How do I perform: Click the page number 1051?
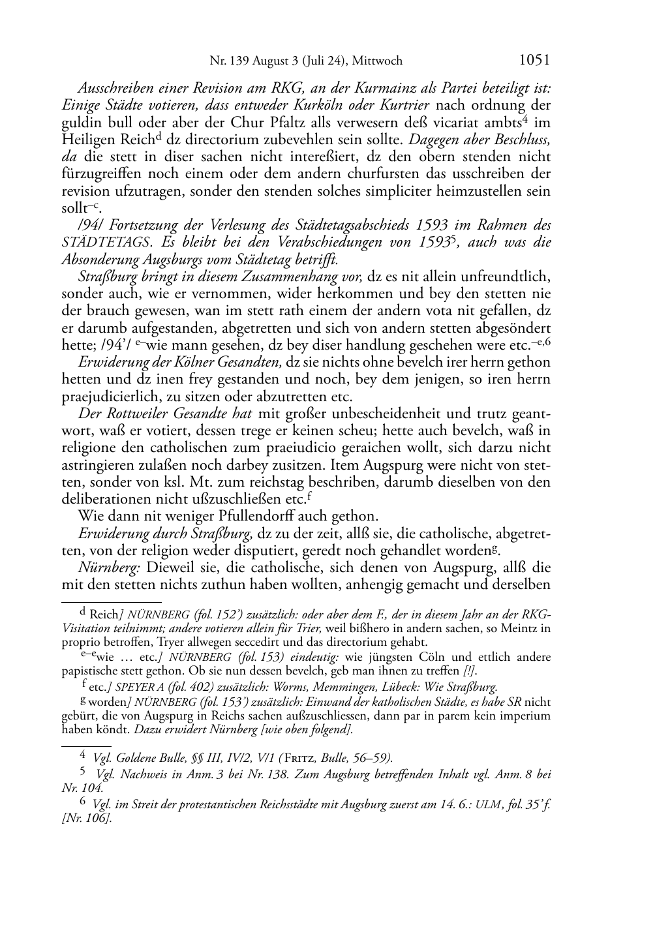pos(534,60)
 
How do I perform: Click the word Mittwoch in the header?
pos(377,61)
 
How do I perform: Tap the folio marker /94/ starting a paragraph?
pos(89,226)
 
